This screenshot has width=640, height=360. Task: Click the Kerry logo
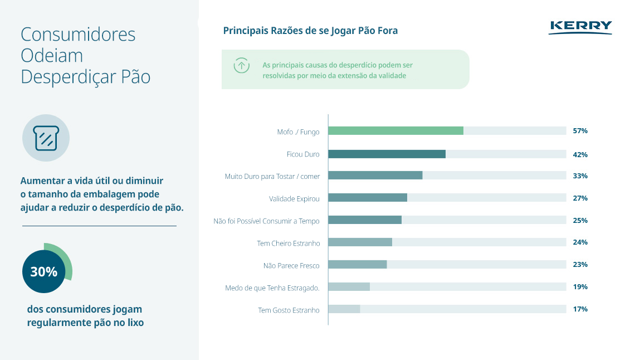pyautogui.click(x=580, y=27)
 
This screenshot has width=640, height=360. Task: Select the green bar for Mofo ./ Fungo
pyautogui.click(x=395, y=131)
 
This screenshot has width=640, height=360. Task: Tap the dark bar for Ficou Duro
pyautogui.click(x=387, y=154)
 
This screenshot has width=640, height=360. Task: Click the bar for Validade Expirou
pyautogui.click(x=368, y=198)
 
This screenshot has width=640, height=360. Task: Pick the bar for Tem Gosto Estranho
pyautogui.click(x=344, y=309)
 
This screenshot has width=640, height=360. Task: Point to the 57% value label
pyautogui.click(x=580, y=131)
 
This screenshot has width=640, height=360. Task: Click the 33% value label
pyautogui.click(x=580, y=176)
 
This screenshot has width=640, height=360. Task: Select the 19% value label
pyautogui.click(x=580, y=287)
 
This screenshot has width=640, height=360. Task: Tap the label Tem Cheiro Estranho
pyautogui.click(x=288, y=243)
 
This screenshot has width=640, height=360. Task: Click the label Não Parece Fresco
pyautogui.click(x=291, y=265)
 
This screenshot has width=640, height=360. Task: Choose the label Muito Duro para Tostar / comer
pyautogui.click(x=272, y=176)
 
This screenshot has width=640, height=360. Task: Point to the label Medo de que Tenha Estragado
pyautogui.click(x=272, y=288)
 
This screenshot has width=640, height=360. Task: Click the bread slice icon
pyautogui.click(x=46, y=138)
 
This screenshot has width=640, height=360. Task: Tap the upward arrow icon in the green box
pyautogui.click(x=241, y=65)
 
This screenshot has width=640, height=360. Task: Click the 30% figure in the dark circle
pyautogui.click(x=44, y=272)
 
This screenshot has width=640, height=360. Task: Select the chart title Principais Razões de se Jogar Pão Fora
pyautogui.click(x=310, y=31)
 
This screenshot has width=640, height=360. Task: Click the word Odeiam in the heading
pyautogui.click(x=52, y=56)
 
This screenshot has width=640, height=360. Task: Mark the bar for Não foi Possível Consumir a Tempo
pyautogui.click(x=365, y=220)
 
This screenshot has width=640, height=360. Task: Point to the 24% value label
pyautogui.click(x=580, y=242)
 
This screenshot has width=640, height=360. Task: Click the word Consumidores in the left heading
pyautogui.click(x=78, y=35)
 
